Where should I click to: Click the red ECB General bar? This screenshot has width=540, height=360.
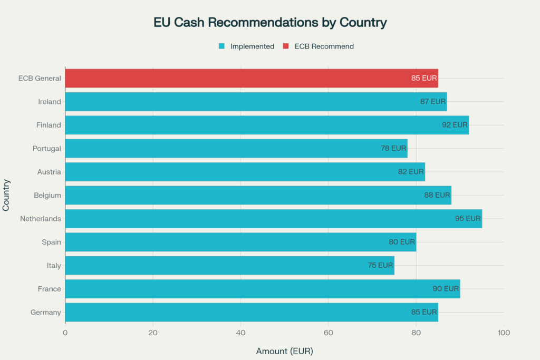pos(237,78)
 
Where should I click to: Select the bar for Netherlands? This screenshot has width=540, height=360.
pos(264,218)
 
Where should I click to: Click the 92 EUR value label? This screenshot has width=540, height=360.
pos(455,125)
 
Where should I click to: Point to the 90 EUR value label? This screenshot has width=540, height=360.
pos(446,289)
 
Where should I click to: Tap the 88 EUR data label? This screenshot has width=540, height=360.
pos(437,195)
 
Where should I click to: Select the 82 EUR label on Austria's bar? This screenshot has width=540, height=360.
pos(411,172)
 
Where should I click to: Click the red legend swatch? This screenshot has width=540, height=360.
pos(286,46)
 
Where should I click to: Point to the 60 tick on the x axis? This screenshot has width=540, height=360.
pos(329,333)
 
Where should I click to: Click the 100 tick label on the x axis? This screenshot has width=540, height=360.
pos(504,333)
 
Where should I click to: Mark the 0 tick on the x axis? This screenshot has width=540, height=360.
pos(65,333)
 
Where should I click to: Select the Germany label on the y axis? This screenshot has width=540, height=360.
pos(46,312)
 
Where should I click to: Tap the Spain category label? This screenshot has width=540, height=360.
pos(51,242)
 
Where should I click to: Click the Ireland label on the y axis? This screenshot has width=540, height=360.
pos(50,102)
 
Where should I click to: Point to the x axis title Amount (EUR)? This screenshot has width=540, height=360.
pos(284,351)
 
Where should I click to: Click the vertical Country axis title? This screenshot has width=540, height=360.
pos(6,195)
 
